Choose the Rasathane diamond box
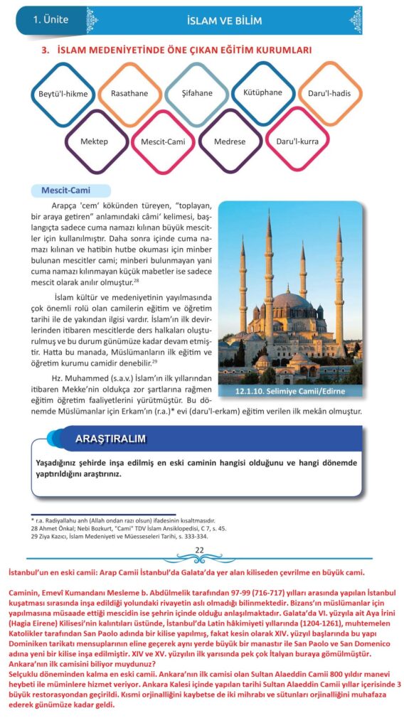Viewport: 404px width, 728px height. [130, 94]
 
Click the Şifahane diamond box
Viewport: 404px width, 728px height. [196, 94]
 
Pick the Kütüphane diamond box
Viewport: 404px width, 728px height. [262, 92]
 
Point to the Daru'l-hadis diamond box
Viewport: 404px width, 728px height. [328, 94]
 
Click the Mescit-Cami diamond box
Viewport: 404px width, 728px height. [163, 141]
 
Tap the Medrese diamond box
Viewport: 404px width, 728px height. [230, 141]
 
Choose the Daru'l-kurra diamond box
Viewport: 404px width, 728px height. [297, 141]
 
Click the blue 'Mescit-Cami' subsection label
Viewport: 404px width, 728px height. [70, 191]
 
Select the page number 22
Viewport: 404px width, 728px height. [200, 550]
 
